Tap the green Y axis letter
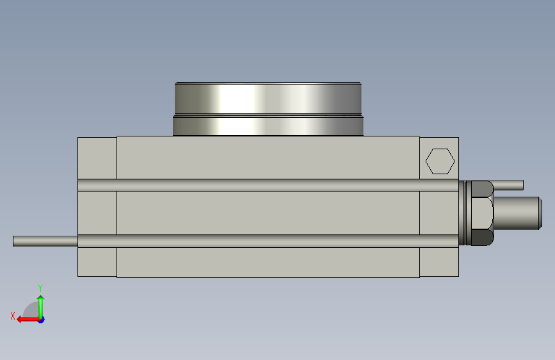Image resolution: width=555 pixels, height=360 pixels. tap(40, 288)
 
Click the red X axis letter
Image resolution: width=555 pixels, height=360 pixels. tap(13, 316)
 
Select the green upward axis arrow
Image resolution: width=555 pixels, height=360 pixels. tap(41, 307)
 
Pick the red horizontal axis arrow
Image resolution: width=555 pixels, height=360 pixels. tap(28, 320)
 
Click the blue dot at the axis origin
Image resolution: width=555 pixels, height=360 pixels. tap(42, 320)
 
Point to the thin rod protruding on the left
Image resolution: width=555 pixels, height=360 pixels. tap(45, 241)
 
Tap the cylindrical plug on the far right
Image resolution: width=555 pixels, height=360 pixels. tap(517, 213)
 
